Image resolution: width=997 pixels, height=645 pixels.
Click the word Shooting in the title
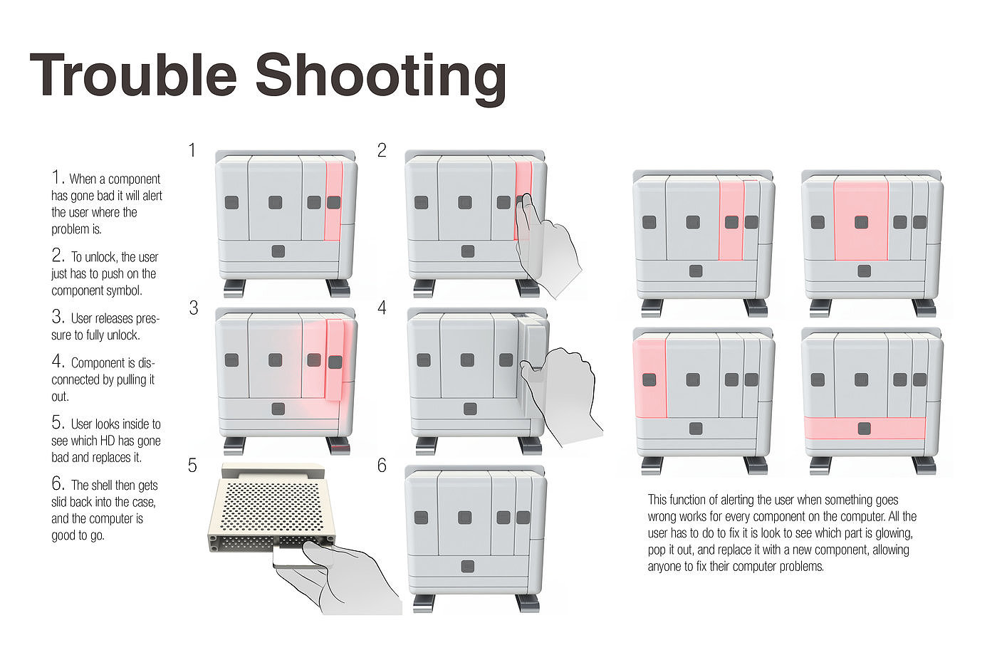point(380,77)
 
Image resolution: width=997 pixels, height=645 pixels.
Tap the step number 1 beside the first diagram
point(192,150)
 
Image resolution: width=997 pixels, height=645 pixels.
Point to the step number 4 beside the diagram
point(382,308)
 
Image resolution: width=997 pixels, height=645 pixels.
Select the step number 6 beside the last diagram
point(382,466)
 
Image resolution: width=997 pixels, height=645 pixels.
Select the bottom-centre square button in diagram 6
point(468,567)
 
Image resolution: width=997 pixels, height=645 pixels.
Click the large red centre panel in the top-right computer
point(861,221)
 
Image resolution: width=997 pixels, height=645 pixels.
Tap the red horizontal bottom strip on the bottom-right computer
point(865,428)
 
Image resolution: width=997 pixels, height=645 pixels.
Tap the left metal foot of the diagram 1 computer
point(235,288)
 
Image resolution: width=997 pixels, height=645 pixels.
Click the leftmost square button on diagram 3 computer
point(231,360)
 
